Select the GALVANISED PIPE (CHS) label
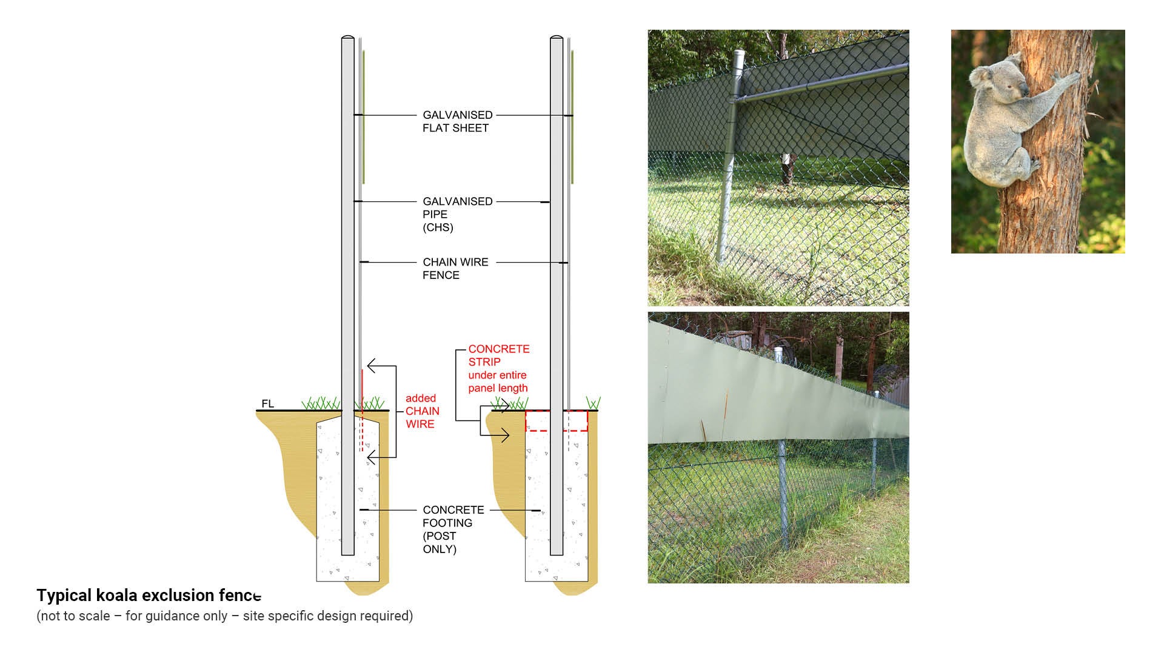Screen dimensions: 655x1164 457,214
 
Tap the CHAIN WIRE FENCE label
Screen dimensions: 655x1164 455,268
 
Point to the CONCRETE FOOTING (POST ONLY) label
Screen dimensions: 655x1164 453,529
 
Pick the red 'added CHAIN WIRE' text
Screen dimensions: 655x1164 422,411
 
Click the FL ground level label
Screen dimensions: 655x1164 267,404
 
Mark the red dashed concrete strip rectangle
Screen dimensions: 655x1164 556,421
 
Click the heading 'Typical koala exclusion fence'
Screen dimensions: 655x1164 149,596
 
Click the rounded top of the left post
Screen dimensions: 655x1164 347,39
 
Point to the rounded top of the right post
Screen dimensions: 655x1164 557,39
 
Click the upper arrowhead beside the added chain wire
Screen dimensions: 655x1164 371,366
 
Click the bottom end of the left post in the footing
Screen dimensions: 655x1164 347,553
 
